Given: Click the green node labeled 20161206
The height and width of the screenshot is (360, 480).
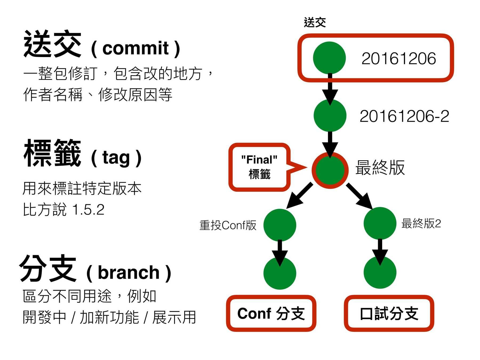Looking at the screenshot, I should pyautogui.click(x=329, y=58).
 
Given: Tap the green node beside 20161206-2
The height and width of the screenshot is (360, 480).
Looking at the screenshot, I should pyautogui.click(x=330, y=115).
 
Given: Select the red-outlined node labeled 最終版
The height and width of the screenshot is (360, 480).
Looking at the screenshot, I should pyautogui.click(x=330, y=170).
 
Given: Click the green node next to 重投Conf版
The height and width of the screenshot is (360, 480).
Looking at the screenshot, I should pyautogui.click(x=280, y=225).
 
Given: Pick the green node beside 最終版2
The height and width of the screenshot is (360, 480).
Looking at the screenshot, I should pyautogui.click(x=380, y=223).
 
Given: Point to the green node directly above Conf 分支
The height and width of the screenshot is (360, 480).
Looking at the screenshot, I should pyautogui.click(x=280, y=273).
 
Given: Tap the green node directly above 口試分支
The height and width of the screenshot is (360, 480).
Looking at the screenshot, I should pyautogui.click(x=380, y=273).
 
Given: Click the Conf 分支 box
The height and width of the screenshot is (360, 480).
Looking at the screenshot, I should pyautogui.click(x=271, y=313).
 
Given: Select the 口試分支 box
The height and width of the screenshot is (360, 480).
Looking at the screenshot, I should pyautogui.click(x=389, y=313).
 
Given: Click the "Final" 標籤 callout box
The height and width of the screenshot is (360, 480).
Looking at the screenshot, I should pyautogui.click(x=259, y=167).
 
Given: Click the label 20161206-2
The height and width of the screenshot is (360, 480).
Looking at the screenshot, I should pyautogui.click(x=404, y=116).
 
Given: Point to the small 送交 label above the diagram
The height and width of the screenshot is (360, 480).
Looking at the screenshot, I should pyautogui.click(x=315, y=22).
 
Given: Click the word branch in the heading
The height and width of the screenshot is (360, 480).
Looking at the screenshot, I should pyautogui.click(x=129, y=273).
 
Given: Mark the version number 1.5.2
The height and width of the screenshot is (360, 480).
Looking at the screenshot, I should pyautogui.click(x=88, y=210).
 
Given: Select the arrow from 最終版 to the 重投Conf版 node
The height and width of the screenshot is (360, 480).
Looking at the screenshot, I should pyautogui.click(x=299, y=195).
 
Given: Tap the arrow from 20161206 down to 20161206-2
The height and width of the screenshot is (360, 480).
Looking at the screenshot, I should pyautogui.click(x=330, y=88).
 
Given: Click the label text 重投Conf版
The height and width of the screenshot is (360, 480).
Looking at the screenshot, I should pyautogui.click(x=228, y=225).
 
